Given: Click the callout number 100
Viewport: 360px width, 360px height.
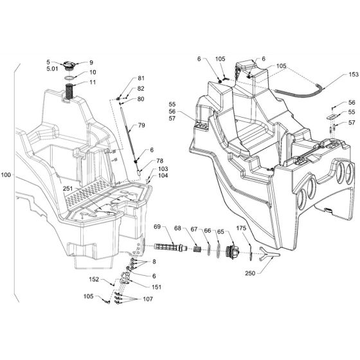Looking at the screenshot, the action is point(6,175).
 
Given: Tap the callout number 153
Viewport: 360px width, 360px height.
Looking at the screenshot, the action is point(354,75).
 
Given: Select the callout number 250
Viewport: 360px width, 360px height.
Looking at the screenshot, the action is point(250,273).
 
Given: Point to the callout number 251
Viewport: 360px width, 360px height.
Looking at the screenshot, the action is point(67,189).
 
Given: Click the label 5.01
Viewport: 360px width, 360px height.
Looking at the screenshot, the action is point(52,69).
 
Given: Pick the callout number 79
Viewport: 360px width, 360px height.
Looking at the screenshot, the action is point(141,125).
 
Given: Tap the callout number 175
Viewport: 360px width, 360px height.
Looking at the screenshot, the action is point(241,228).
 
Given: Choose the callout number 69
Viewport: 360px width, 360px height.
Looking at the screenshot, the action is point(157,227).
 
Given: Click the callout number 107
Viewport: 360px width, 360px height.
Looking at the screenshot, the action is point(148,299).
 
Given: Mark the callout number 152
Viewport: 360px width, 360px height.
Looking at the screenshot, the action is point(94,279).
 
